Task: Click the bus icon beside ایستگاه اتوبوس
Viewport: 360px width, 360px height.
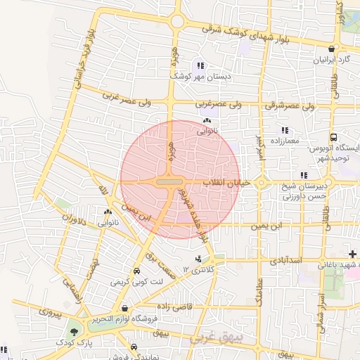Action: click(x=333, y=138)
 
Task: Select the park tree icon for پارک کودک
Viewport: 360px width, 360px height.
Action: click(x=75, y=331)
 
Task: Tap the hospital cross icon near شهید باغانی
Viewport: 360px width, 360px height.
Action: click(x=352, y=252)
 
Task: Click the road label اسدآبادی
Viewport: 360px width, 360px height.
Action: click(x=285, y=261)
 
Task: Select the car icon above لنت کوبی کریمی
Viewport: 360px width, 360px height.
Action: click(x=135, y=271)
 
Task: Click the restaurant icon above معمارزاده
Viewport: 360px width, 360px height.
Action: click(x=284, y=130)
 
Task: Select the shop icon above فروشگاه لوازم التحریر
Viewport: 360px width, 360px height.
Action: click(x=124, y=308)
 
